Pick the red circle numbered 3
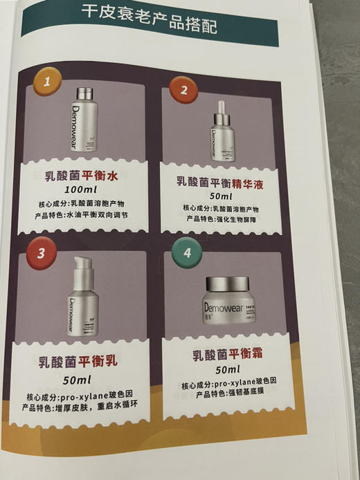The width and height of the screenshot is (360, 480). pos(41,252)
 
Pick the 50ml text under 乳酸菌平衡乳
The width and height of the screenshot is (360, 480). pos(77,380)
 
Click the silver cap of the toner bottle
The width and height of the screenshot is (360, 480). pos(86,94)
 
